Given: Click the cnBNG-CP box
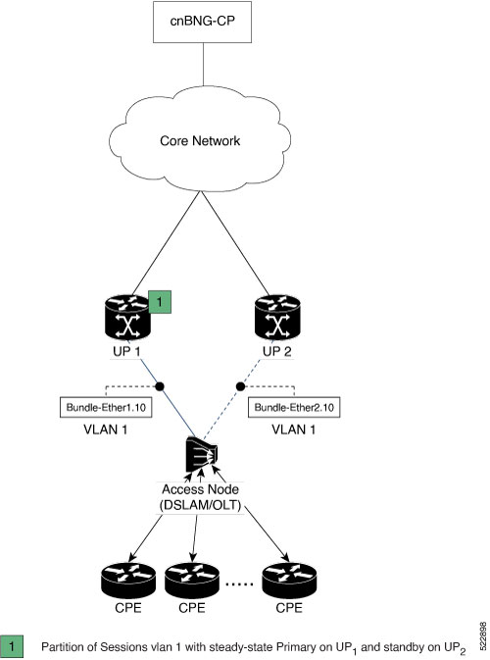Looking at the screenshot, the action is coord(202,22).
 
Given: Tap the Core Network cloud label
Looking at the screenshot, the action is coord(200,140).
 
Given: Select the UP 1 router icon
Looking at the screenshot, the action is coord(127,318).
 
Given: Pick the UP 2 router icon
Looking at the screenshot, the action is coord(277,318).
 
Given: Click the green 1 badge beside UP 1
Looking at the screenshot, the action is coord(160,302).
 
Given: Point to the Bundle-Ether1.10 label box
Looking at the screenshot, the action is coord(106,407).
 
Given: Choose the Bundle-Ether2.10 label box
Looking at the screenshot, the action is coord(294,407).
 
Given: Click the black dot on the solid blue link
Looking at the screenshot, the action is coord(160,386).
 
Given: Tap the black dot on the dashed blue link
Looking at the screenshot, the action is coord(240,386).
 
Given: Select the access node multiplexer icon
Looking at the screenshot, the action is coord(202,455).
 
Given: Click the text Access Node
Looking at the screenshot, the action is coord(200,489).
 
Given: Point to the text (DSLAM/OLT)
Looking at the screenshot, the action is coord(200,505).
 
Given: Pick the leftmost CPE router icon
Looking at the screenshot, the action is coord(128,581).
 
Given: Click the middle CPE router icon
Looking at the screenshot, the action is coord(192,581).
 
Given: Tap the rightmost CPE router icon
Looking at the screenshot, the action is coord(289,581).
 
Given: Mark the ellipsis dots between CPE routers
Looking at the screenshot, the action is coord(240,584).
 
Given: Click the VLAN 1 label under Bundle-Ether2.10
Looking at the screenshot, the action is coord(294,430).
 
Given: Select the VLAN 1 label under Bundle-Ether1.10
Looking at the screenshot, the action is coord(106,430).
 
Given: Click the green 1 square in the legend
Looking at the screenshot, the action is coord(12,646).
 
